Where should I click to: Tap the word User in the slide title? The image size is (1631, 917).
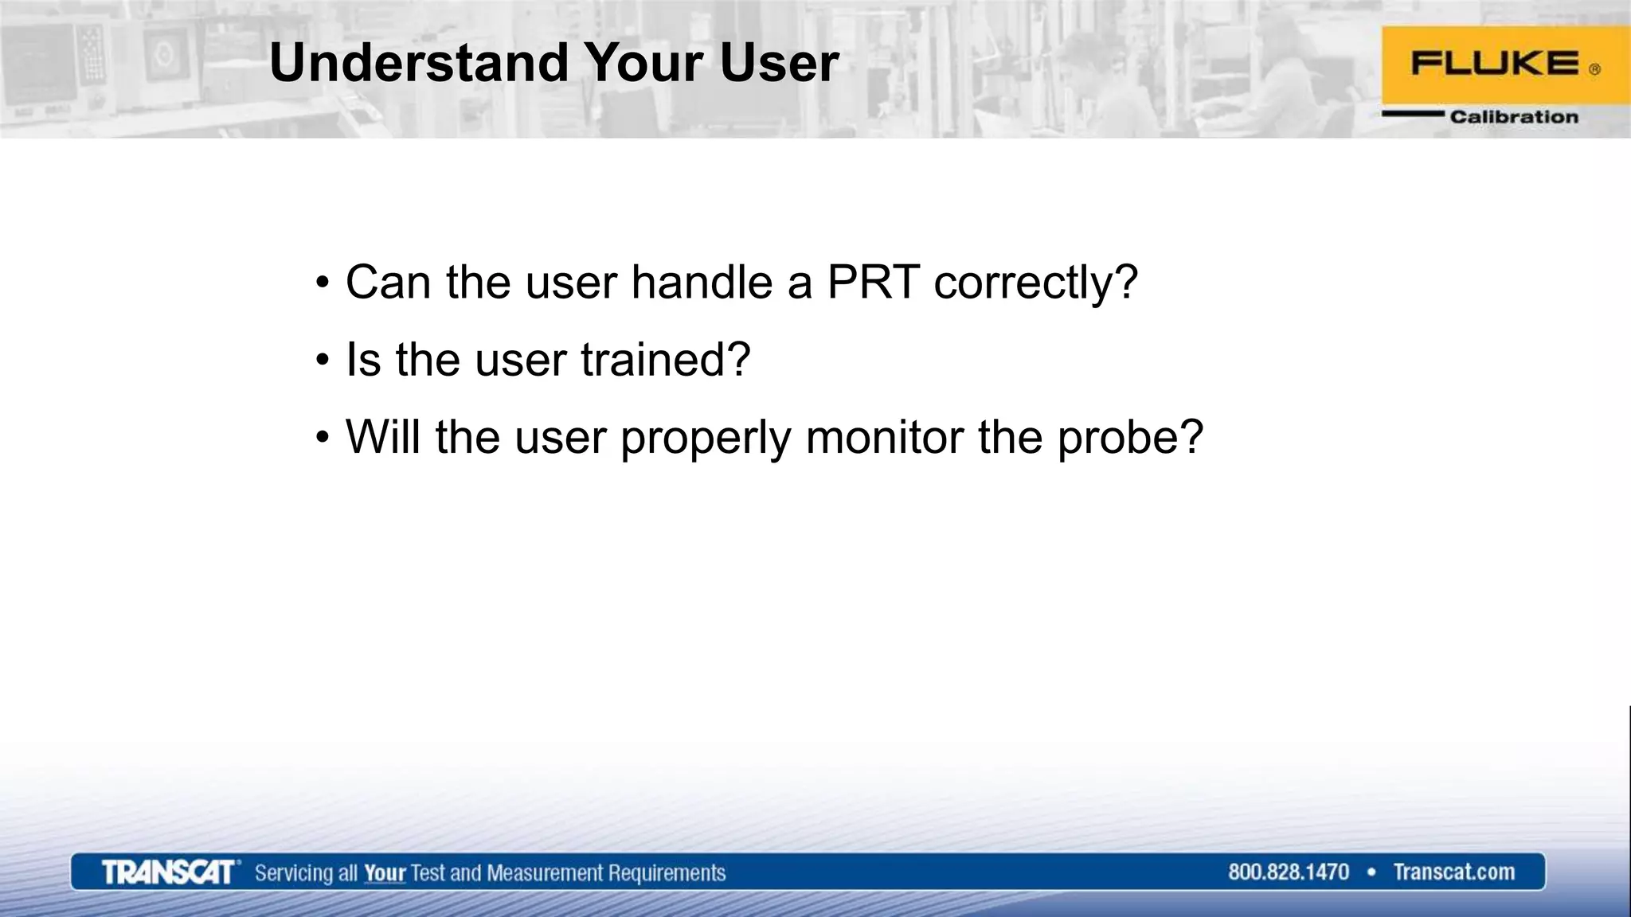point(779,62)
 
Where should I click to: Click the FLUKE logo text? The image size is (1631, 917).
point(1495,64)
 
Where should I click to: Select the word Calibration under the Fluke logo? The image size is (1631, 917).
point(1513,117)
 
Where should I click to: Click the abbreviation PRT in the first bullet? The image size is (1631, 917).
point(873,282)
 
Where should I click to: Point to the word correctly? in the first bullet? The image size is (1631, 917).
point(1036,283)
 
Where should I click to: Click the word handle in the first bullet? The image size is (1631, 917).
point(702,282)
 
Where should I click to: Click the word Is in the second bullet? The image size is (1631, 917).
point(363,359)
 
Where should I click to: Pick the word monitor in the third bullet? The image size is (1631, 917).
point(885,437)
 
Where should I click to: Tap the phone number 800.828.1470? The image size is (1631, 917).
point(1288,872)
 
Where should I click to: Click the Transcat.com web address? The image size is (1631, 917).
point(1453,872)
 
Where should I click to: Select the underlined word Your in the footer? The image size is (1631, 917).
point(385,873)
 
